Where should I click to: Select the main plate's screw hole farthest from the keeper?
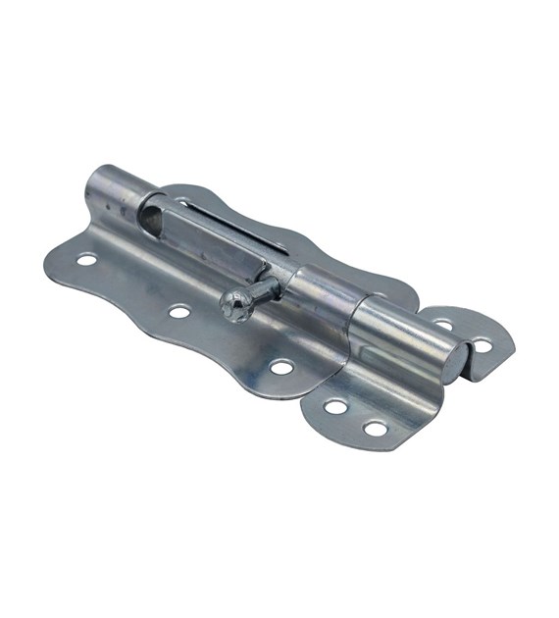(x=86, y=260)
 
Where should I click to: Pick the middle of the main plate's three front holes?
(x=178, y=313)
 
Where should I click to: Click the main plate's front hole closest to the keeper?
(x=281, y=368)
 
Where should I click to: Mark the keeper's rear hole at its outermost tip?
(x=482, y=344)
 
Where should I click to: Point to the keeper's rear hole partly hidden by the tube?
(x=443, y=324)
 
